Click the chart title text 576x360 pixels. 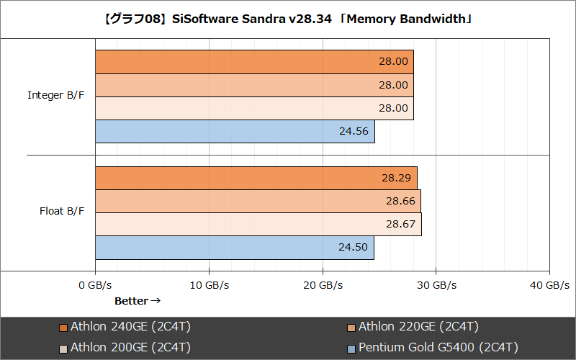point(288,18)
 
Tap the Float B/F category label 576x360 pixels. point(62,212)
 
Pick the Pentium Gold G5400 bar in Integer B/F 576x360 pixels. point(235,131)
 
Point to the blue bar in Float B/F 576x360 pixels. point(235,247)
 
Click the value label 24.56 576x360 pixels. point(354,131)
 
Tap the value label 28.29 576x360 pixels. point(397,178)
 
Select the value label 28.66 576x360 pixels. point(400,201)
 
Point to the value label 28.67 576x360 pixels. point(401,224)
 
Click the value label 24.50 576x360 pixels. point(353,247)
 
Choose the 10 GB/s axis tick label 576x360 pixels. point(209,285)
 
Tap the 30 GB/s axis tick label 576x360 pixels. point(436,285)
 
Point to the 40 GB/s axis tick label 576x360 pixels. point(549,285)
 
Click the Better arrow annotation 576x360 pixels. point(138,301)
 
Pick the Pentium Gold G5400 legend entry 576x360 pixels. point(433,348)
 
